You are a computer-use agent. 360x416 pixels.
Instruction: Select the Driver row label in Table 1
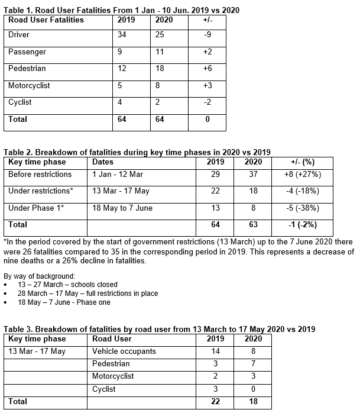click(x=18, y=35)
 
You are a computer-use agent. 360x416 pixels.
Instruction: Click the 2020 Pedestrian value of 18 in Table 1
click(x=160, y=69)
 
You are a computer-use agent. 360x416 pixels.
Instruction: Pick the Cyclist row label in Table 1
click(x=20, y=102)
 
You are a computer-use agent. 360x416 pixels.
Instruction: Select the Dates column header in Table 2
click(x=103, y=162)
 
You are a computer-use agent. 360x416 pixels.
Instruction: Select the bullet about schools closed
click(x=67, y=284)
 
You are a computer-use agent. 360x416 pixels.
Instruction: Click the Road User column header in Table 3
click(x=112, y=339)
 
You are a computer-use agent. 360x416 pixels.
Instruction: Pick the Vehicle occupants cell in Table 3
click(x=124, y=351)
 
